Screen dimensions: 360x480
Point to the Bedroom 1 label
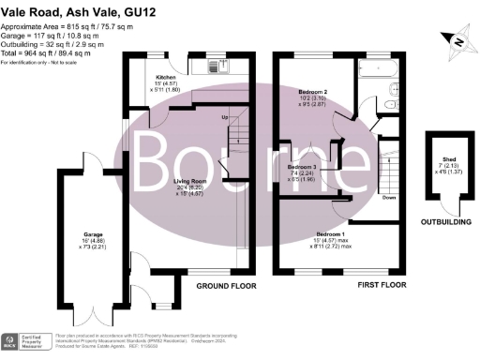[x=334, y=233]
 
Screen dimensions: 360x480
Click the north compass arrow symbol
[x=455, y=38]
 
